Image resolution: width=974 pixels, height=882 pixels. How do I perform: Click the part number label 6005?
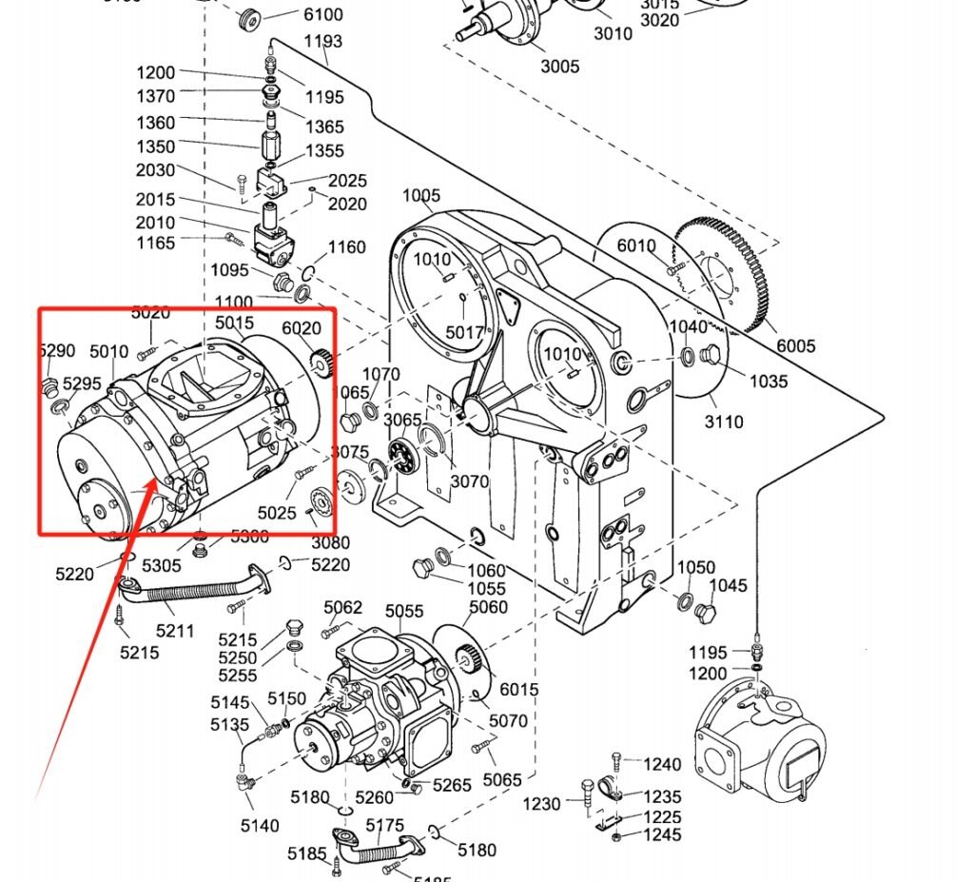click(796, 346)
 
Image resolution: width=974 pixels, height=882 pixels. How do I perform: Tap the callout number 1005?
click(421, 196)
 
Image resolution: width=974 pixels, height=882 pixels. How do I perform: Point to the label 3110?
click(724, 421)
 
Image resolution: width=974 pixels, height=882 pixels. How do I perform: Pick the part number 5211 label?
click(175, 630)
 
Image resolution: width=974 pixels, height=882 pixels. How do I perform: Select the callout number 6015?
click(518, 689)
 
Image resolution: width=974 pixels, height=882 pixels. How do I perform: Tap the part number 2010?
click(156, 223)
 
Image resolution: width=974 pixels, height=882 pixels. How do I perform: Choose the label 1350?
click(156, 147)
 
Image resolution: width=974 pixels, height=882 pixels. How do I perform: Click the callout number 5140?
click(260, 826)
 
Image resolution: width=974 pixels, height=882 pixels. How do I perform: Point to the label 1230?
click(542, 805)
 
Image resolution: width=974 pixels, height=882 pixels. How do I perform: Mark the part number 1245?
click(662, 834)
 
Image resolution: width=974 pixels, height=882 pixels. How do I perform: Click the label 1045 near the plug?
click(730, 585)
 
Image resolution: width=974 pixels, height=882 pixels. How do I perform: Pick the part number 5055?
click(404, 610)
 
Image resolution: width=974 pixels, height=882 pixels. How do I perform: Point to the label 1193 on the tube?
click(323, 41)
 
